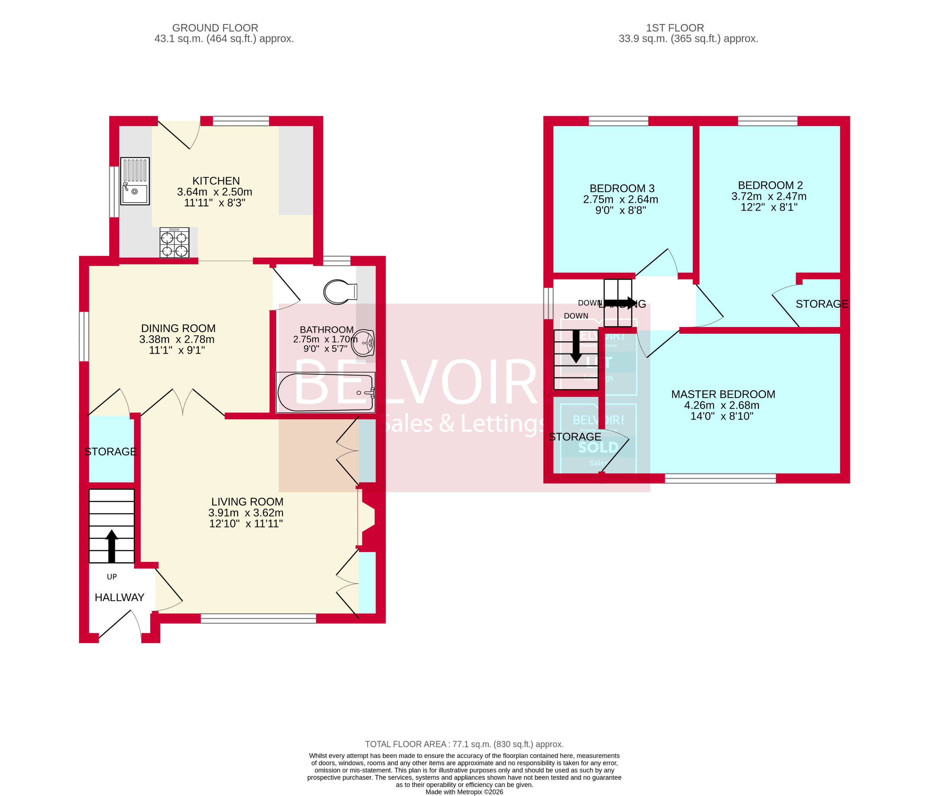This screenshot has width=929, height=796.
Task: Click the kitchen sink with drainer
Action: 135,181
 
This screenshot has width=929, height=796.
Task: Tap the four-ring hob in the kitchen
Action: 174,243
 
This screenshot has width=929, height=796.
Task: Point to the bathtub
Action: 325,393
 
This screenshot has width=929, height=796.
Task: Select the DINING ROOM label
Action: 178,328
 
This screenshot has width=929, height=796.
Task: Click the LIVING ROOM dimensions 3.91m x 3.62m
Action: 246,513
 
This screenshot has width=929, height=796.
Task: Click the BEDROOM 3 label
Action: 622,188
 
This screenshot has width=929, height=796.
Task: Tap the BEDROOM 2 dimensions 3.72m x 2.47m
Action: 768,196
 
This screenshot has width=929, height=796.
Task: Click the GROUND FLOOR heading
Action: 215,28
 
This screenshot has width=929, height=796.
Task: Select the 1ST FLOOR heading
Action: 675,28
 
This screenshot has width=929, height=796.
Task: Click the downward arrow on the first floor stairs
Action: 576,352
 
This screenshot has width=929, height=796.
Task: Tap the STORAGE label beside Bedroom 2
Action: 821,304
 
